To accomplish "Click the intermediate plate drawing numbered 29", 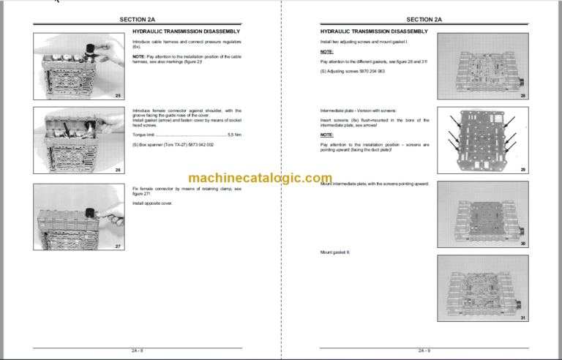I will click(484, 140).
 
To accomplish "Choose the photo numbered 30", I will click(484, 214).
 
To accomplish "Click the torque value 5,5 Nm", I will click(236, 134).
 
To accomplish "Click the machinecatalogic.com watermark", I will click(260, 178).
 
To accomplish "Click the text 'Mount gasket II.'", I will click(335, 252).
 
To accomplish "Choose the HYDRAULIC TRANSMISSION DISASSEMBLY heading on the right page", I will click(374, 32).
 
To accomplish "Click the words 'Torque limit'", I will click(144, 134).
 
